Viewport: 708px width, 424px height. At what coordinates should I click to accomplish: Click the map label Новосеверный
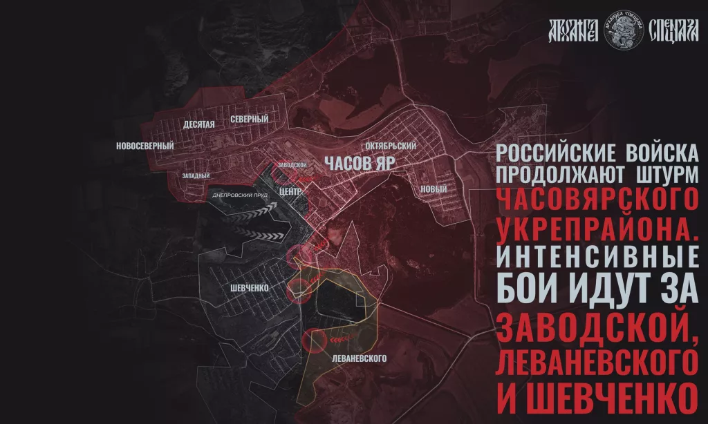coord(145,146)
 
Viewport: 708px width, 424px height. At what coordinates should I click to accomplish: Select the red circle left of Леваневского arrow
coord(313,340)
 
